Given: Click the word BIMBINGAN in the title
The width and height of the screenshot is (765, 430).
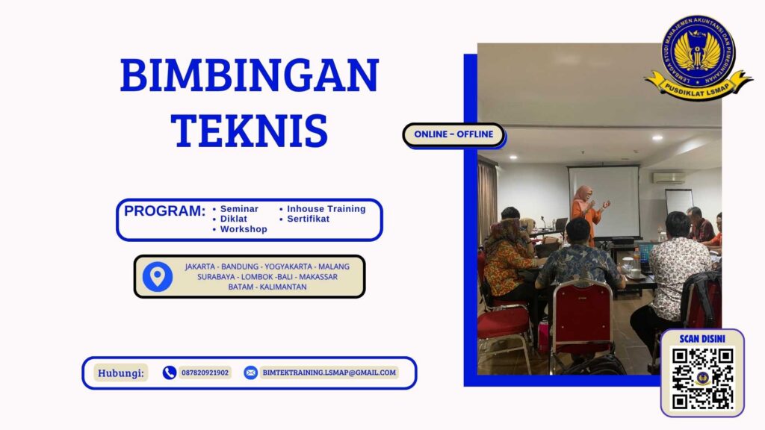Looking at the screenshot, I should point(249,75).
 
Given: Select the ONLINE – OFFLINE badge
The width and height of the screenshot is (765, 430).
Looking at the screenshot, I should point(453,134).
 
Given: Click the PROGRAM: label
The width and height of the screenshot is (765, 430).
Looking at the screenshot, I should point(164,211).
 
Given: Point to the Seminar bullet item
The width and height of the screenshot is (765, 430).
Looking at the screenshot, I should point(239,209).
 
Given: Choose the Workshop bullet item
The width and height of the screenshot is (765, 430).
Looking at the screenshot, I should point(244,229).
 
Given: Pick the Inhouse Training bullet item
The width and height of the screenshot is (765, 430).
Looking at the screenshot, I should point(326,209).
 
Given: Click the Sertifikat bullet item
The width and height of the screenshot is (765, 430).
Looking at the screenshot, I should point(308,219).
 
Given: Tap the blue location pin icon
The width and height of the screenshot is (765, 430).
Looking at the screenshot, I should point(157,276).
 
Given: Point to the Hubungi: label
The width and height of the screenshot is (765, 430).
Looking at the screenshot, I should point(121,373).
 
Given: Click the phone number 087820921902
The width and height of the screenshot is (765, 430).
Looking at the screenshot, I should point(205,373).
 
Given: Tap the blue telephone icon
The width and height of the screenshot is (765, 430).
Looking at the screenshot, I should point(170,373).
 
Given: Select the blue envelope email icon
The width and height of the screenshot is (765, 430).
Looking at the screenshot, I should point(250,373).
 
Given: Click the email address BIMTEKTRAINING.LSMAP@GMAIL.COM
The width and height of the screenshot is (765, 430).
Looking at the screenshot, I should point(329,373).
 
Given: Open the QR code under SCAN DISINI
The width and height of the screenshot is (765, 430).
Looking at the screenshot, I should point(702,378).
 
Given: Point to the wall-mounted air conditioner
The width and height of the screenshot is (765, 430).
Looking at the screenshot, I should point(669,178).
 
